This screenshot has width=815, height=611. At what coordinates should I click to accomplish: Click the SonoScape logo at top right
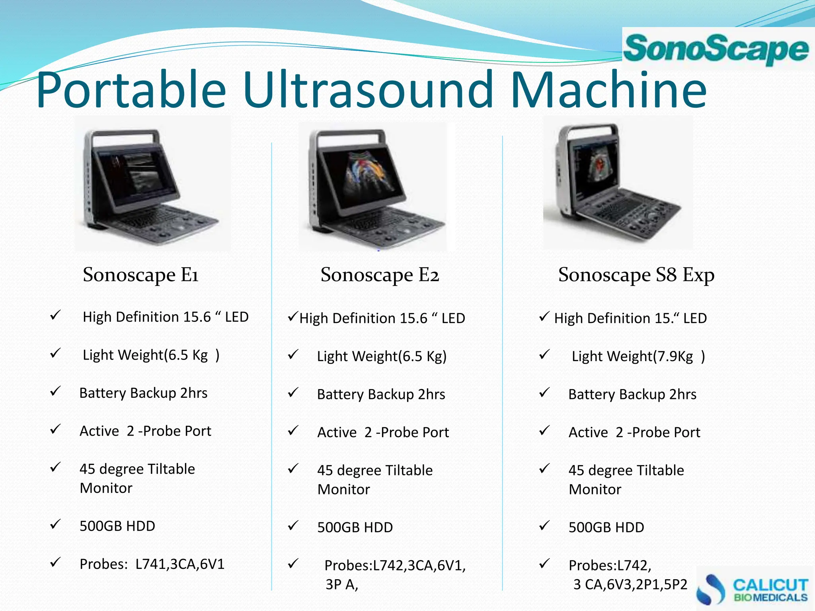pos(716,49)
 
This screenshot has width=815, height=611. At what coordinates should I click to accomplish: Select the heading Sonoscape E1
pos(140,274)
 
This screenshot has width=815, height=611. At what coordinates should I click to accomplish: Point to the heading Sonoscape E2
pos(380,274)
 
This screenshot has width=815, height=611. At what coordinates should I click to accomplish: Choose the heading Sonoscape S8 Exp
pos(636,274)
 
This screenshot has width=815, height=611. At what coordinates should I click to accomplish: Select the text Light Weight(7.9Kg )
pos(638,356)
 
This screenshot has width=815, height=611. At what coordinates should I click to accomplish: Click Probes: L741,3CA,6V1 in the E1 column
pos(152,564)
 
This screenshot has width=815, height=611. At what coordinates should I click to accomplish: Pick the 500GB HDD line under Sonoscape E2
pos(355,527)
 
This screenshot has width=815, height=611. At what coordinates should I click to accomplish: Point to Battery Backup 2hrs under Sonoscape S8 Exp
pos(632,394)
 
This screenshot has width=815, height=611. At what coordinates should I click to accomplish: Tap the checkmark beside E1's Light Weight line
pos(55,353)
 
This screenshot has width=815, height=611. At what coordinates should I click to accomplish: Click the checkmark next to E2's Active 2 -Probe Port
pos(293,430)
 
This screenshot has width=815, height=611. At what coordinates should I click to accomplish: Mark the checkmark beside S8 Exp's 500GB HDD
pos(544,525)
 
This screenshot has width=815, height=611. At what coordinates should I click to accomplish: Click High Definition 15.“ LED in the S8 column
pos(630,318)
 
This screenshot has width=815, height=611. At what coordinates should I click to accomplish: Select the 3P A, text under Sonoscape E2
pos(341,584)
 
